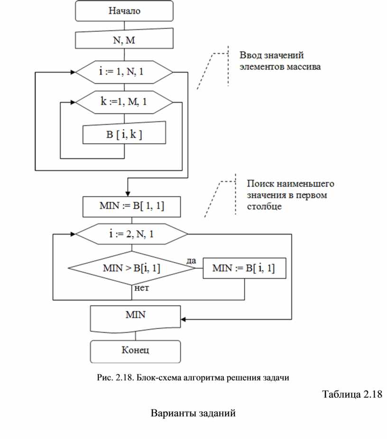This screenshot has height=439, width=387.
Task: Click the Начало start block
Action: [124, 11]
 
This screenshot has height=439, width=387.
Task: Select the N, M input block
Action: [124, 40]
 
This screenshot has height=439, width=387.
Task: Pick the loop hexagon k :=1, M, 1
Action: [124, 102]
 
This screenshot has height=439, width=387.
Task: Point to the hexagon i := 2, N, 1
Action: [131, 234]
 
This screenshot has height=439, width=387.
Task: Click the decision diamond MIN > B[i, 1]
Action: [131, 268]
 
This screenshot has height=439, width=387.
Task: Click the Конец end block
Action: [136, 351]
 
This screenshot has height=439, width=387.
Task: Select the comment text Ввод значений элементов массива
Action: [278, 61]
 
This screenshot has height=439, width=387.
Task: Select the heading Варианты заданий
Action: [193, 413]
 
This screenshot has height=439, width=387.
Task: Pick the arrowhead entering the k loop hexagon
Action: [73, 102]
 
